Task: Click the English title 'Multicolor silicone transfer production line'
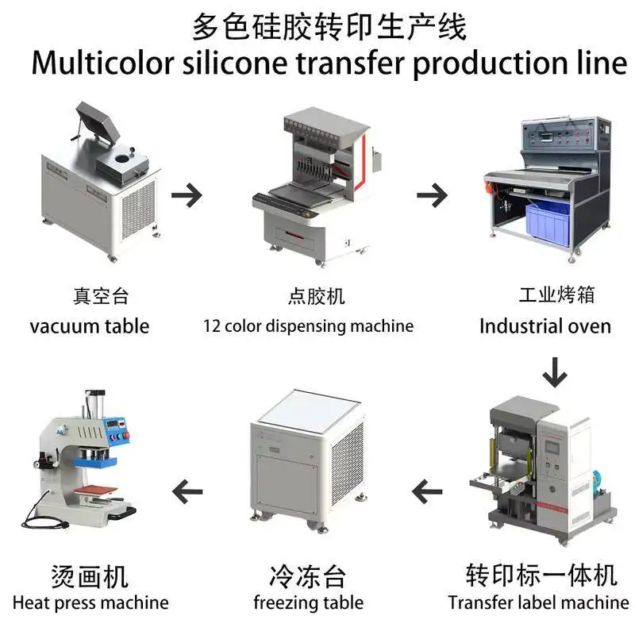(x=329, y=63)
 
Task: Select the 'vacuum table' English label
(x=90, y=325)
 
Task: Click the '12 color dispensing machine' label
(x=308, y=325)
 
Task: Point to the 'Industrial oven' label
(x=545, y=325)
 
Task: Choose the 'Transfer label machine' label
(x=538, y=602)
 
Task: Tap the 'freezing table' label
(x=308, y=602)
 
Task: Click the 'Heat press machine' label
(x=90, y=602)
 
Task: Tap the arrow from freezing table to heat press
(x=188, y=493)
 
